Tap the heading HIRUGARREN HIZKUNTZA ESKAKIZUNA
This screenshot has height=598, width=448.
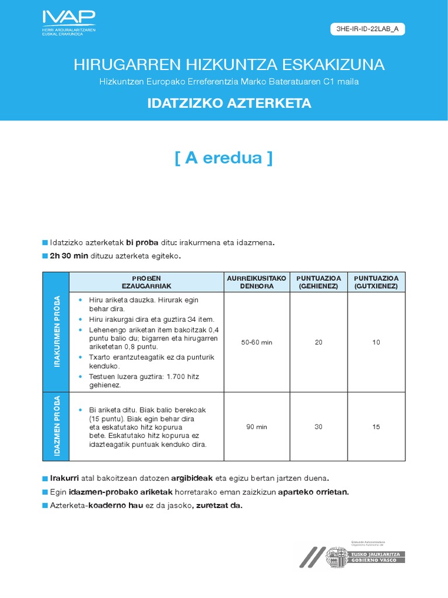(229, 65)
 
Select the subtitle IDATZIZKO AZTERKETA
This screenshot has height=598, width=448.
(229, 103)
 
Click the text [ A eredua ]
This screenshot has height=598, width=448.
(223, 158)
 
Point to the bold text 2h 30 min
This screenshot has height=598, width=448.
(69, 256)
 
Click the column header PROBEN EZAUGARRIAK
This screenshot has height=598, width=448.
(146, 282)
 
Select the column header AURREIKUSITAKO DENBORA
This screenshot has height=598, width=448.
(257, 282)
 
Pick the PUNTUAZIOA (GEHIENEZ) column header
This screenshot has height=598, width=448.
(318, 282)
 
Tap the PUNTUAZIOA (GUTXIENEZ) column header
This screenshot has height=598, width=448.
(376, 282)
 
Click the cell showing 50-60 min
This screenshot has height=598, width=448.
(257, 342)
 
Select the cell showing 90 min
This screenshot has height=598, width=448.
(257, 427)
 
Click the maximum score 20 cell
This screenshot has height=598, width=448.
(318, 342)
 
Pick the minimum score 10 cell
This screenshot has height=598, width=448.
(376, 342)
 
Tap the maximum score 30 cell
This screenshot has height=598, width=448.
(318, 427)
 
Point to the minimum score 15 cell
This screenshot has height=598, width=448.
(376, 427)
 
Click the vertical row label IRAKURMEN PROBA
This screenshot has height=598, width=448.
(57, 342)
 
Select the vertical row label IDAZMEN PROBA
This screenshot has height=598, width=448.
(57, 427)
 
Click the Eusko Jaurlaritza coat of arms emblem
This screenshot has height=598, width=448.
(337, 557)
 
